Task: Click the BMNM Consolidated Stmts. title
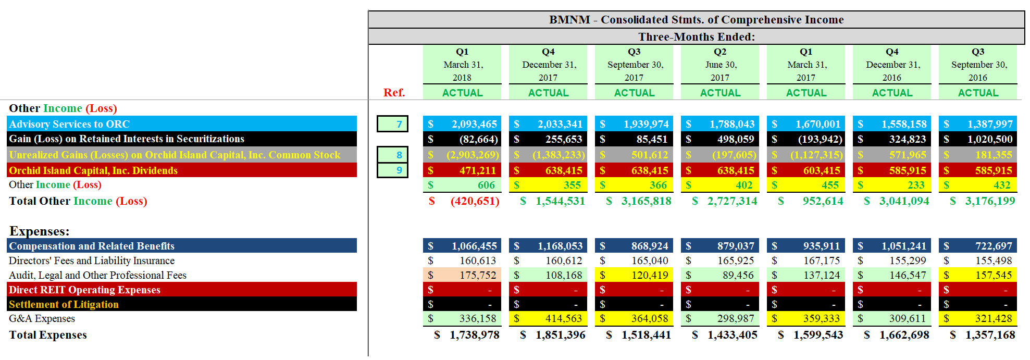click(x=696, y=20)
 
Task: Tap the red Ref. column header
click(x=394, y=93)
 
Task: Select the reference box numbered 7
click(x=392, y=124)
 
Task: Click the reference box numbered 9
click(x=392, y=170)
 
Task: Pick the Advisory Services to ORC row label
click(x=69, y=124)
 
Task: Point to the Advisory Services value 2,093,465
click(x=474, y=124)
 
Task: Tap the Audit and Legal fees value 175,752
click(x=477, y=275)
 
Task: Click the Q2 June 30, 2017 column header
click(x=720, y=65)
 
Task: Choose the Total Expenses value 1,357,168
click(x=989, y=335)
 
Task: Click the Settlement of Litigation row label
click(x=64, y=304)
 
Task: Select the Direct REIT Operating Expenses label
click(x=84, y=290)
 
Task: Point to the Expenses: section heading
click(x=39, y=231)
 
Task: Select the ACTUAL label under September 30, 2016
click(x=978, y=93)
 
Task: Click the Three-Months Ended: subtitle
click(x=696, y=37)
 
